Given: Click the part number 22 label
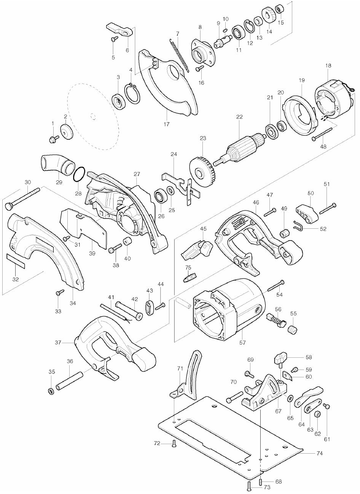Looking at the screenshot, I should click(239, 117).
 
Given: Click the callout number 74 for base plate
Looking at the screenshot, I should click(319, 454).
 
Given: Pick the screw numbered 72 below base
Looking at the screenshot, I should click(174, 443).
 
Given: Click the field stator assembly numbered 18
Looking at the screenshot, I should click(331, 97).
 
